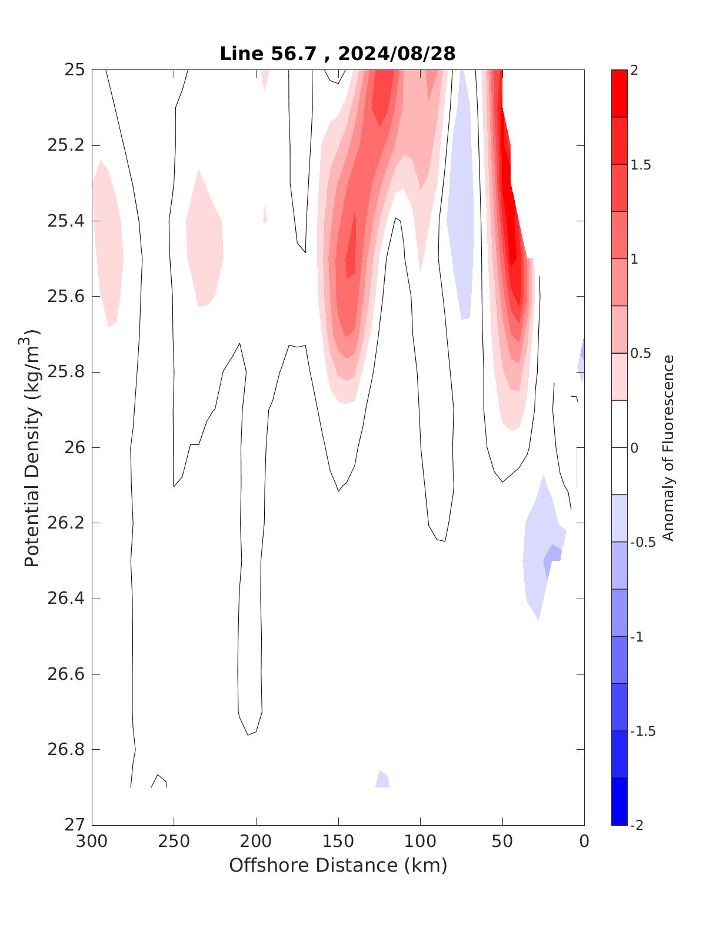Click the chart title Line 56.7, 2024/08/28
pyautogui.click(x=338, y=54)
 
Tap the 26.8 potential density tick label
pyautogui.click(x=66, y=750)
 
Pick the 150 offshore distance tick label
pyautogui.click(x=338, y=842)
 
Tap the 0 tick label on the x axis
pyautogui.click(x=584, y=842)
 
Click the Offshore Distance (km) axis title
pyautogui.click(x=338, y=865)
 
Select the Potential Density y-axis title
pyautogui.click(x=33, y=447)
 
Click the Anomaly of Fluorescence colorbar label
pyautogui.click(x=668, y=447)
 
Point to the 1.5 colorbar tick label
pyautogui.click(x=640, y=165)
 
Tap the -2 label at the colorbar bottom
pyautogui.click(x=637, y=825)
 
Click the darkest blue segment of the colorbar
pyautogui.click(x=619, y=801)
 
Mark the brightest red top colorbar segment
pyautogui.click(x=619, y=93)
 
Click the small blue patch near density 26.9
pyautogui.click(x=382, y=780)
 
